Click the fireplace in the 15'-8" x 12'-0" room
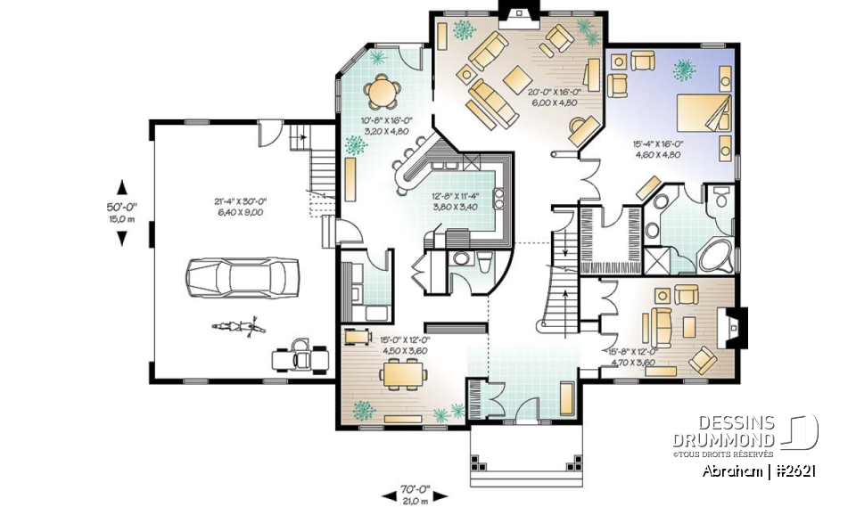tap(737, 328)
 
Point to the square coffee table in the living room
tap(514, 78)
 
